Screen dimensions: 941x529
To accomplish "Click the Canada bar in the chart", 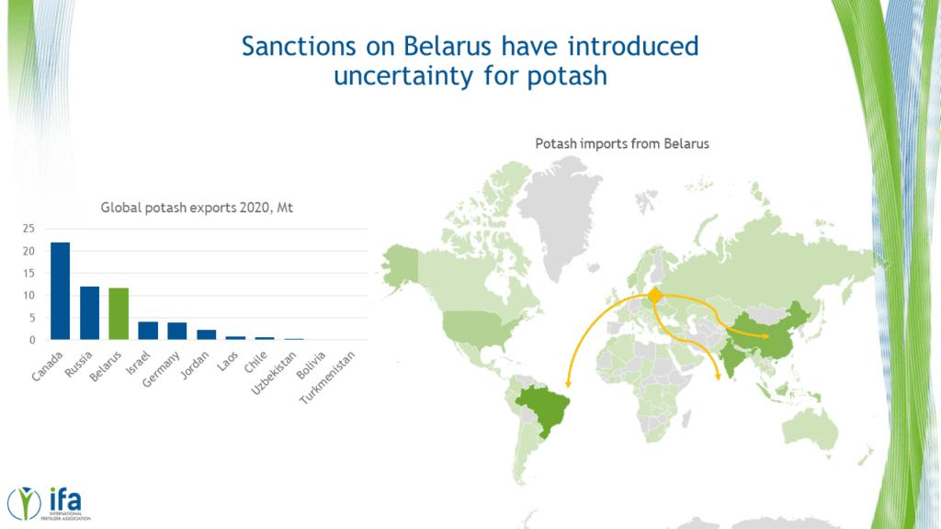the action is pyautogui.click(x=60, y=291).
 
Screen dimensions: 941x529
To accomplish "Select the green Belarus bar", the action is pyautogui.click(x=119, y=314).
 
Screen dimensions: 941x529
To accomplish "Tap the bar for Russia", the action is pyautogui.click(x=89, y=313).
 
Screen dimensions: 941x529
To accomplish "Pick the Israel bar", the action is pyautogui.click(x=148, y=331).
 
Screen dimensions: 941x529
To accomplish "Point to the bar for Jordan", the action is pyautogui.click(x=207, y=334).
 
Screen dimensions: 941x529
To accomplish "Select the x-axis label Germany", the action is pyautogui.click(x=161, y=369).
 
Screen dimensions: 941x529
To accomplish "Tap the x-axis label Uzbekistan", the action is pyautogui.click(x=274, y=373).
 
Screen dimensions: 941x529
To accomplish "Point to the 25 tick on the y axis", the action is pyautogui.click(x=28, y=229).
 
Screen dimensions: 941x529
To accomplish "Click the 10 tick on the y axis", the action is pyautogui.click(x=28, y=295).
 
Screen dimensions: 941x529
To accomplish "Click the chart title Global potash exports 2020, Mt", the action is pyautogui.click(x=197, y=208).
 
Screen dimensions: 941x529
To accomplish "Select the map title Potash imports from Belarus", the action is pyautogui.click(x=622, y=144).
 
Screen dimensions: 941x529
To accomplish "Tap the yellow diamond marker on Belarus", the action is pyautogui.click(x=655, y=295).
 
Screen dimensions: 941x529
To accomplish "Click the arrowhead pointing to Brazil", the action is pyautogui.click(x=568, y=384).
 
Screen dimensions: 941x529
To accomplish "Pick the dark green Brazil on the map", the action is pyautogui.click(x=542, y=409).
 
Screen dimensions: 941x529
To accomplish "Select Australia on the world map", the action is pyautogui.click(x=811, y=427).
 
